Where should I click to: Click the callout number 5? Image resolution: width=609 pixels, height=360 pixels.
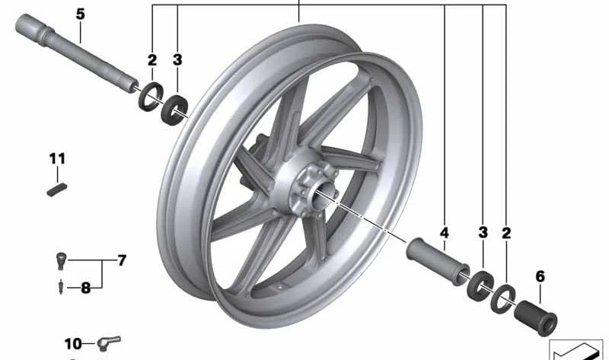pyautogui.click(x=80, y=14)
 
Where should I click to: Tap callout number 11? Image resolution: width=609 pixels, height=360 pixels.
pyautogui.click(x=57, y=159)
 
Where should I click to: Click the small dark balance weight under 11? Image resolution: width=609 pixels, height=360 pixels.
pyautogui.click(x=56, y=190)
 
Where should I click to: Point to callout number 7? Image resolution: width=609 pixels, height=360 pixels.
pyautogui.click(x=122, y=260)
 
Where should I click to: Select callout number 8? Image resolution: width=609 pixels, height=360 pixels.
pyautogui.click(x=85, y=288)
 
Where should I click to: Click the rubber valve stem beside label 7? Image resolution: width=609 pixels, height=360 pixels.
pyautogui.click(x=62, y=260)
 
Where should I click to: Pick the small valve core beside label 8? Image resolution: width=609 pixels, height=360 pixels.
pyautogui.click(x=61, y=287)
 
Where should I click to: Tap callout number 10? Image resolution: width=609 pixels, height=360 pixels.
pyautogui.click(x=73, y=344)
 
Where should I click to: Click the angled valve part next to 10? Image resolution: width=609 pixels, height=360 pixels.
pyautogui.click(x=109, y=342)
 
